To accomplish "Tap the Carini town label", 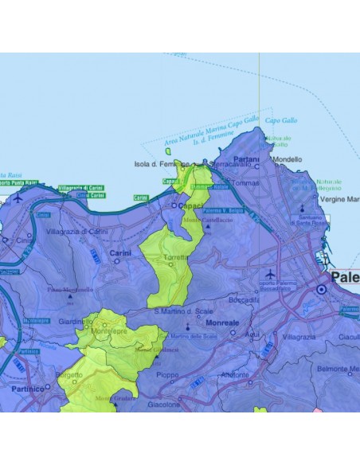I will pos(120,252).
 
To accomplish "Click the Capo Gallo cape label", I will pos(280,120).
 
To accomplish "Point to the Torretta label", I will pos(175,259).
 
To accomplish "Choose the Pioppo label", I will pos(167,374).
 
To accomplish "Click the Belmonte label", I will pos(339,369).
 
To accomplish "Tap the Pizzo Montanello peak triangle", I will pos(71,303).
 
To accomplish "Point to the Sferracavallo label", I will pos(229,165).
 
